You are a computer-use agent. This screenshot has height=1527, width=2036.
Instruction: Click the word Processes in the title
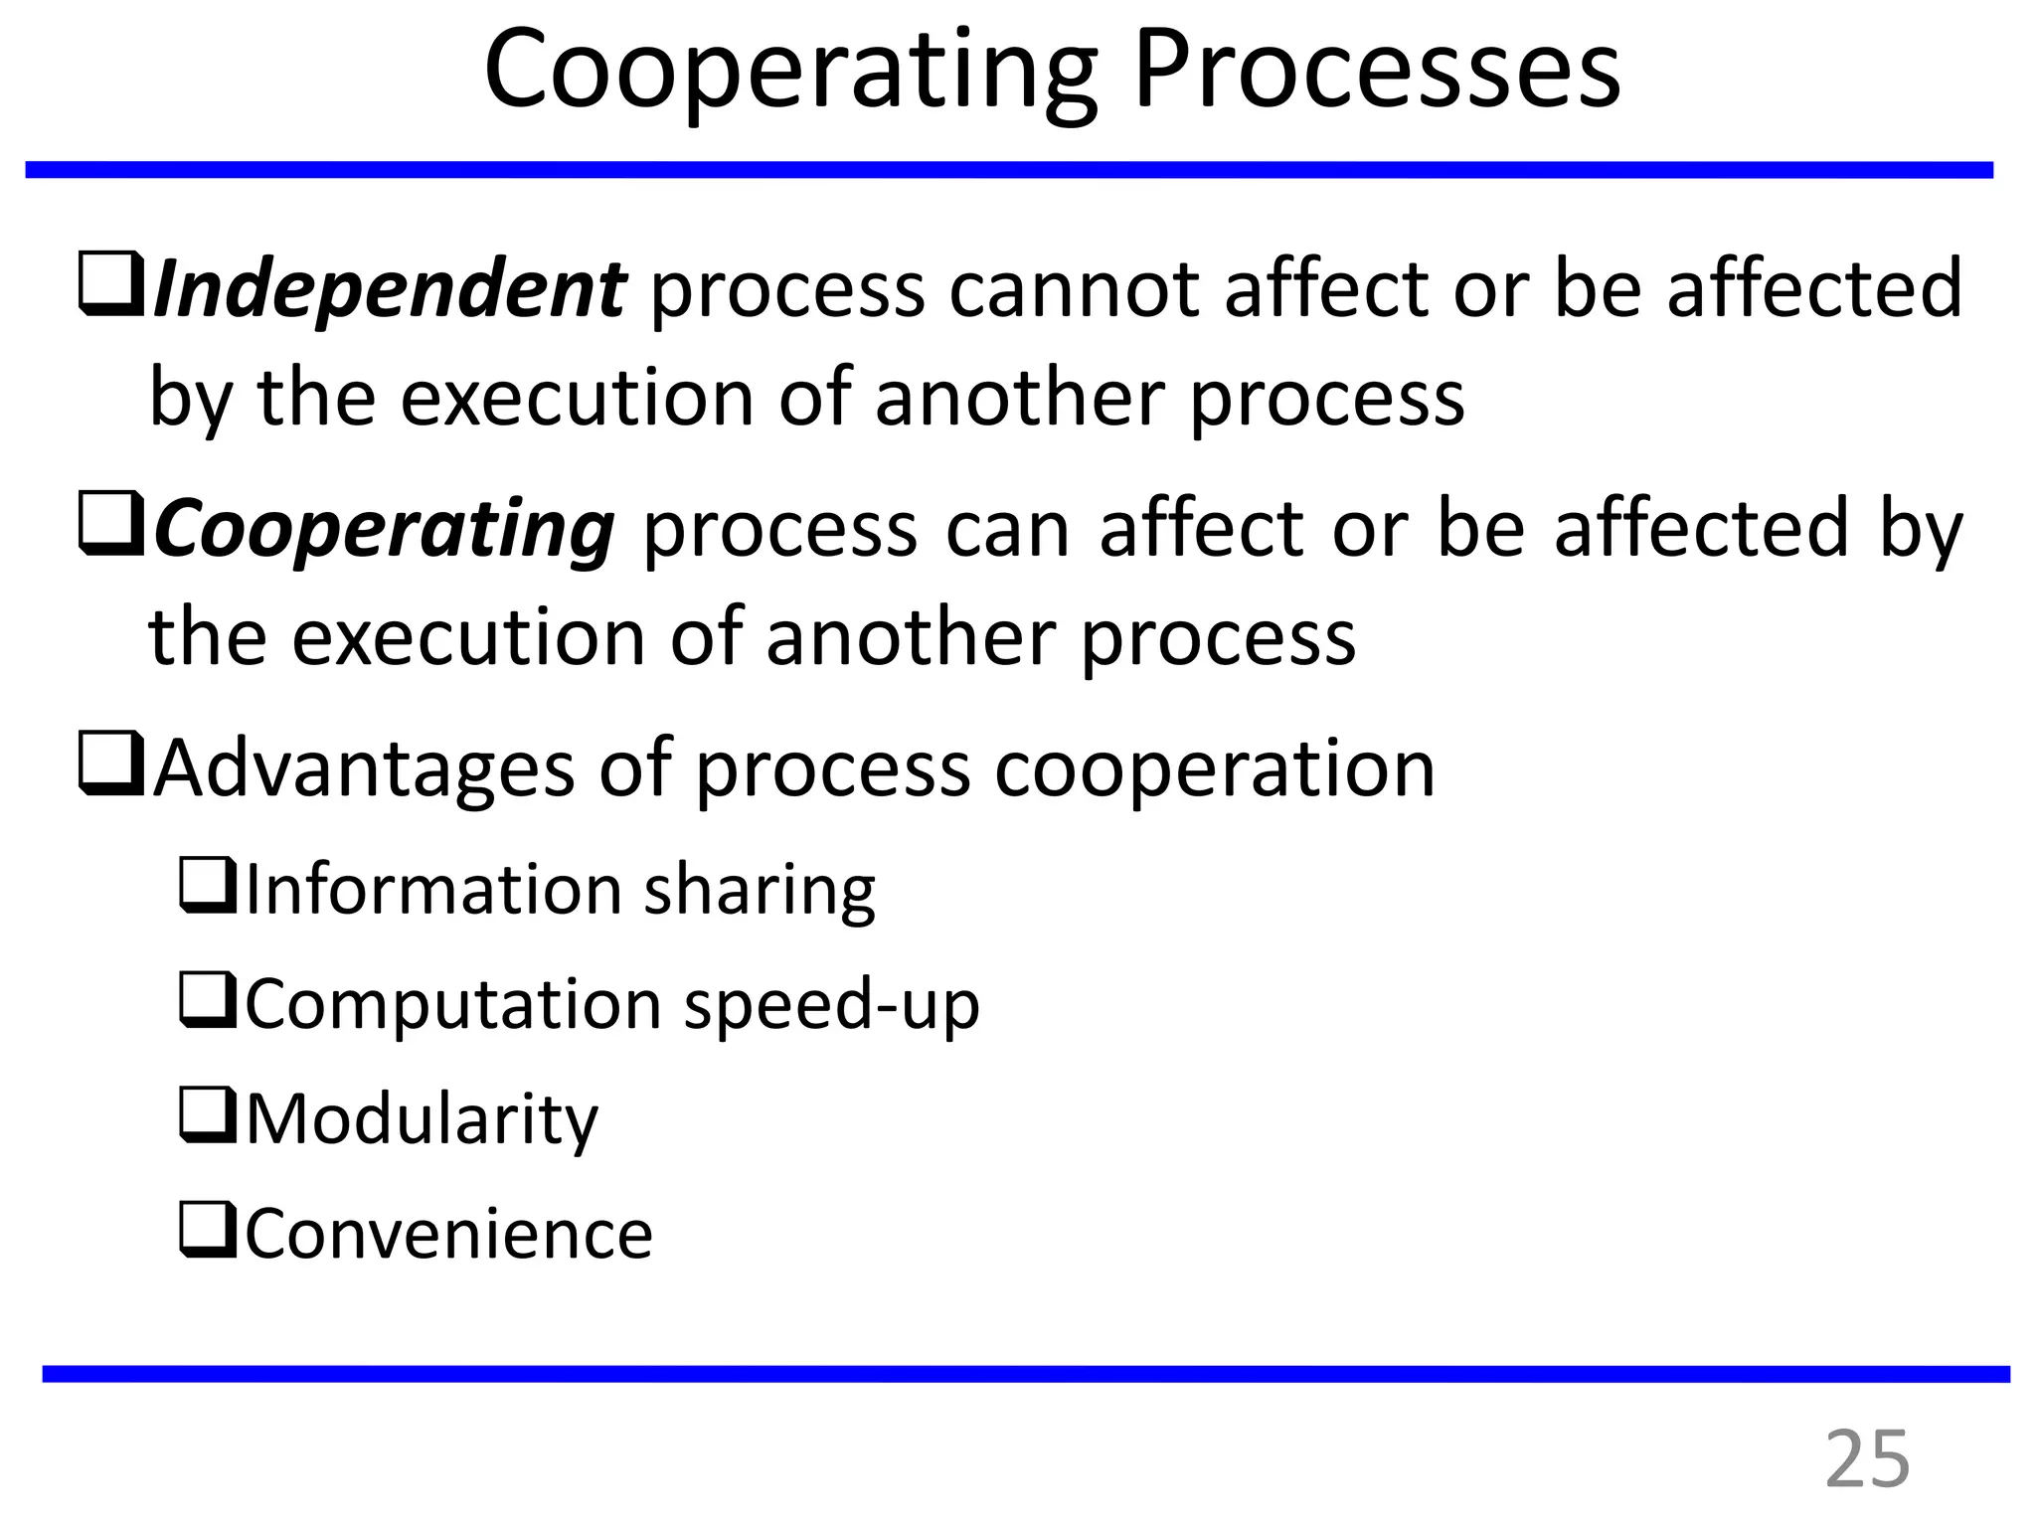(x=1377, y=72)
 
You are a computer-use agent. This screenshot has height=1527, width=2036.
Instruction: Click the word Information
(x=433, y=889)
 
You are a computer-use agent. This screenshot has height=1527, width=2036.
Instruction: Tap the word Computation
(x=452, y=1004)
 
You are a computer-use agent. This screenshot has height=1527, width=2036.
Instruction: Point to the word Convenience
(x=448, y=1234)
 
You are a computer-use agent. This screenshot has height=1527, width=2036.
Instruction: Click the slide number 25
(x=1867, y=1459)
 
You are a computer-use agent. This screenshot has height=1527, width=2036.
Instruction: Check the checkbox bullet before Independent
(x=112, y=287)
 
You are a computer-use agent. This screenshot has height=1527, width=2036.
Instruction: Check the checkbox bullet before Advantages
(x=112, y=767)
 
